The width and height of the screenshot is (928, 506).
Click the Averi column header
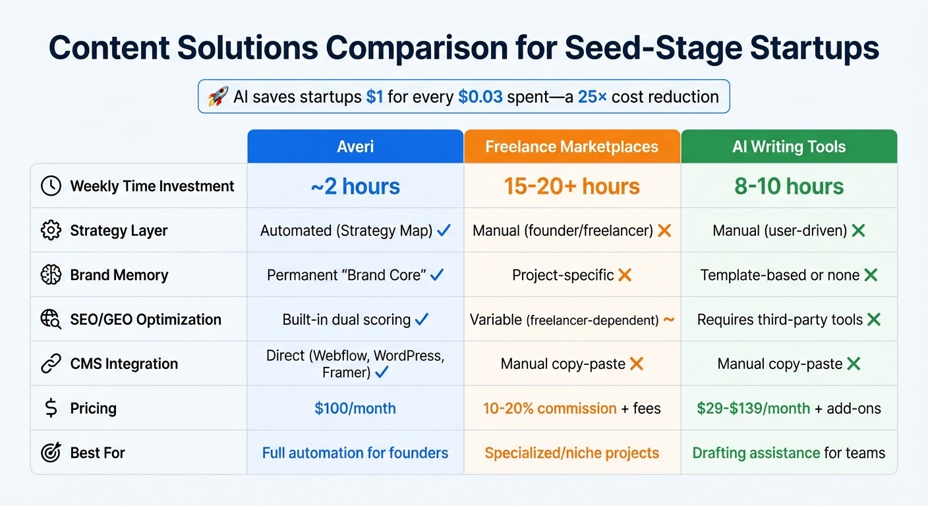point(355,146)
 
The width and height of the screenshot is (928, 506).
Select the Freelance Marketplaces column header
point(571,146)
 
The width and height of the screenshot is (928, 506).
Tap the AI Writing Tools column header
point(788,146)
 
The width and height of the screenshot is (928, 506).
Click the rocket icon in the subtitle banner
point(217,97)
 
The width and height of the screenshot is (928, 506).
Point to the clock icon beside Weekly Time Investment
point(51,186)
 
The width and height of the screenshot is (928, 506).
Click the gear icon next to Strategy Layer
point(51,231)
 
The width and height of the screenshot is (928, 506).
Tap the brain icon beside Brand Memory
point(51,275)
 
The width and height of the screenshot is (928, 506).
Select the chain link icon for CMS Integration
point(51,364)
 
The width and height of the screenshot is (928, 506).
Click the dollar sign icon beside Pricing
point(51,408)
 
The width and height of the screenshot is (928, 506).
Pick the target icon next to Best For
point(51,453)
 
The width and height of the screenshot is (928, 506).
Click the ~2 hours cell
point(355,186)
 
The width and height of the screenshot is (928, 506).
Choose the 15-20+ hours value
point(571,186)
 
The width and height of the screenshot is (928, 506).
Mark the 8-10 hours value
point(788,186)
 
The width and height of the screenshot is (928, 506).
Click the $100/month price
point(355,408)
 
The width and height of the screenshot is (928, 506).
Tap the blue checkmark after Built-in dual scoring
point(422,320)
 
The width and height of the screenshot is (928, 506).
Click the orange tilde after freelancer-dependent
point(668,320)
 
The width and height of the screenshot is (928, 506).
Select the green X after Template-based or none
point(871,275)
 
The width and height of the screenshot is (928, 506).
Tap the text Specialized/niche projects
point(571,453)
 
